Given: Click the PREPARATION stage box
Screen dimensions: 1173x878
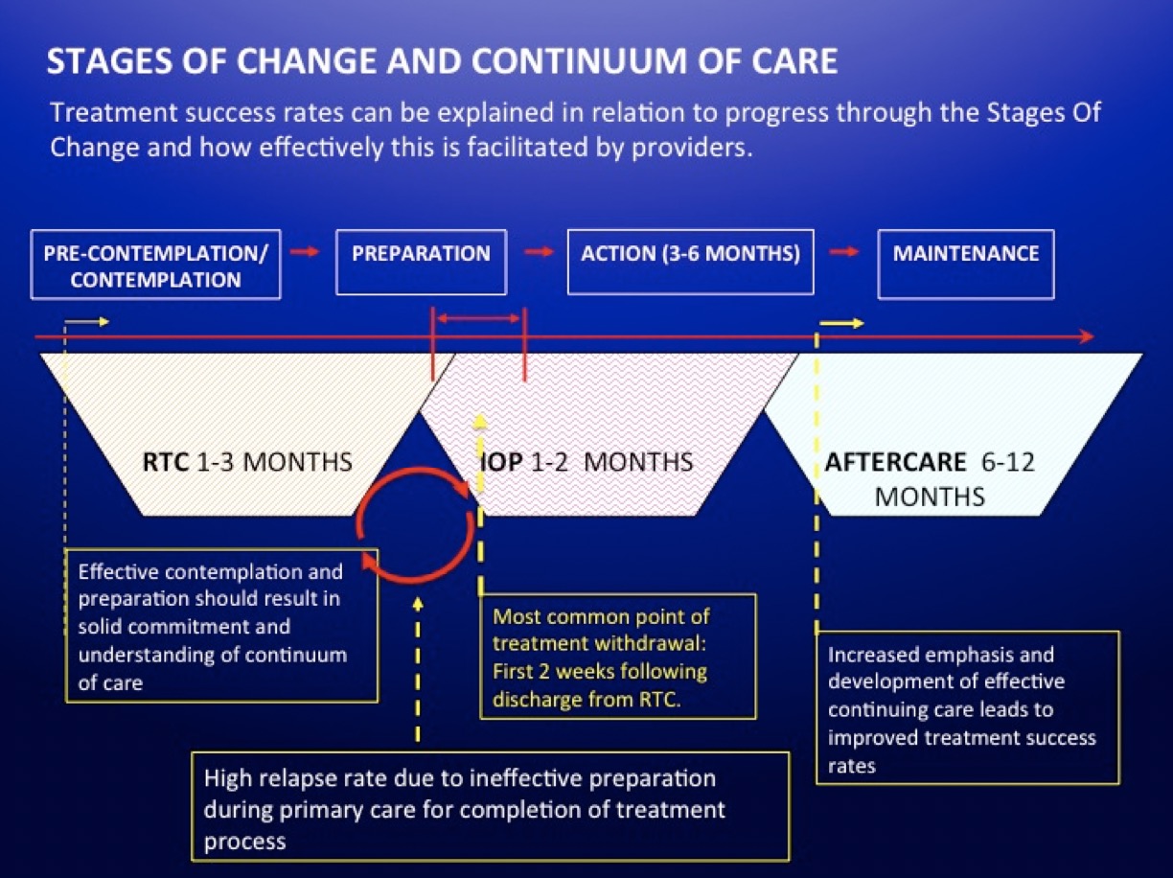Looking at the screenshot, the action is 421,262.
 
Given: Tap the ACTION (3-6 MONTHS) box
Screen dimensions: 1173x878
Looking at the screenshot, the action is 690,262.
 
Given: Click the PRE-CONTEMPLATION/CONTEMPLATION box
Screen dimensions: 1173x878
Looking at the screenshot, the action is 156,264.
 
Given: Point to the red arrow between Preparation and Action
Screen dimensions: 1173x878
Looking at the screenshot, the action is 540,252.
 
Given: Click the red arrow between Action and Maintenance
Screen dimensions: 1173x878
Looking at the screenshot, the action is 844,252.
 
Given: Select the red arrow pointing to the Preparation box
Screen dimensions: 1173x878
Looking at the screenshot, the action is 306,252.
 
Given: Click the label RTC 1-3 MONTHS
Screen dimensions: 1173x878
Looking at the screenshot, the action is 246,462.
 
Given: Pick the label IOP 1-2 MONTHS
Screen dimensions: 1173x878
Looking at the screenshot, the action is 586,462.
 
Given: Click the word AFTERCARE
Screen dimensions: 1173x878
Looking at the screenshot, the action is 896,462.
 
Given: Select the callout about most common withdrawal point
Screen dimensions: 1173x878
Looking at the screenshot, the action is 618,657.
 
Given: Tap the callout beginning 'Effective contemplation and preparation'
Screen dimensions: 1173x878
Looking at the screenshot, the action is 220,625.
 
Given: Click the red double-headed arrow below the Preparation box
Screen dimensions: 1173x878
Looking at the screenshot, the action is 478,317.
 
